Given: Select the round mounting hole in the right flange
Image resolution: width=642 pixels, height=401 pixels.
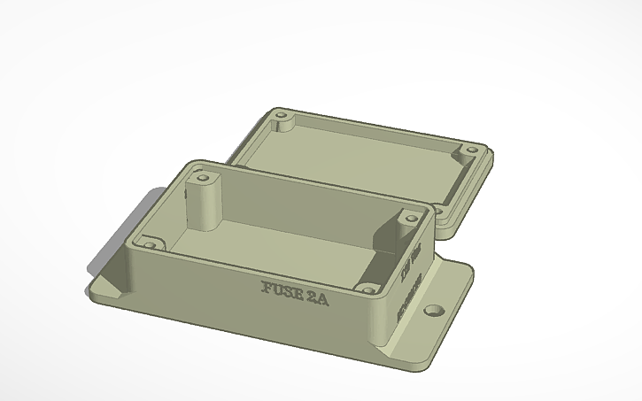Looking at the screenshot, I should [433, 311].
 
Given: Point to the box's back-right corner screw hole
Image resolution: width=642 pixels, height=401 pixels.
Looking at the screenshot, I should [410, 216].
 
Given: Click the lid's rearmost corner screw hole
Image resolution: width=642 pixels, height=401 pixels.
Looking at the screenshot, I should [282, 116].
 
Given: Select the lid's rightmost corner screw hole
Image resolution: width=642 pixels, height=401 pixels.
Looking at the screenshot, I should [470, 150].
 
